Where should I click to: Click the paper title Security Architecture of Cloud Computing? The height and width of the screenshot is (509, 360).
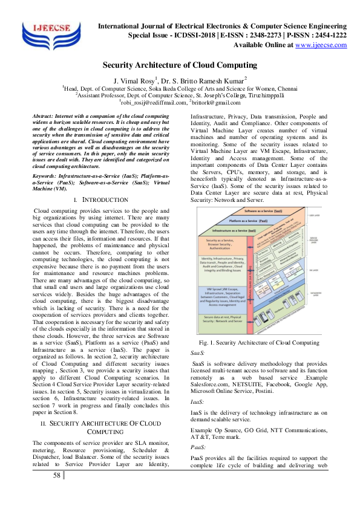[x=180, y=65]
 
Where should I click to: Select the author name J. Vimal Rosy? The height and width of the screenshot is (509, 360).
[x=131, y=79]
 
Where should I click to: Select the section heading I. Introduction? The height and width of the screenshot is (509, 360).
[x=100, y=199]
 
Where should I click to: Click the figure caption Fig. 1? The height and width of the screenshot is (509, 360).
[x=260, y=343]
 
